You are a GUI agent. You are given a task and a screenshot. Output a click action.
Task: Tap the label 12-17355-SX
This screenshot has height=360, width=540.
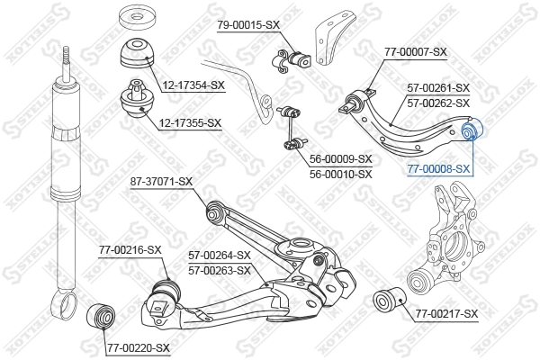coord(192,122)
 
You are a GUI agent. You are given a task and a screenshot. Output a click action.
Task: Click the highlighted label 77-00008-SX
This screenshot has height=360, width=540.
coord(438,168)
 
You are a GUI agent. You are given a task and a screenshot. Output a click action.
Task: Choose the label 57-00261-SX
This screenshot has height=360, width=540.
coord(438,88)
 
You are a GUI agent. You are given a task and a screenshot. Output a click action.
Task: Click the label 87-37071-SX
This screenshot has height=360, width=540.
coord(161,182)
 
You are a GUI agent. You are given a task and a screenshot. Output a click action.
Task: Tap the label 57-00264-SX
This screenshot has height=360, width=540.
coord(220,256)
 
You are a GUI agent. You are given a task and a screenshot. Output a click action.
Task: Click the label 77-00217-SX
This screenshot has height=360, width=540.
coord(447,313)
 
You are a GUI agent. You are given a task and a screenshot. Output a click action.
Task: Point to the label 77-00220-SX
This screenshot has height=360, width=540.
coord(138,346)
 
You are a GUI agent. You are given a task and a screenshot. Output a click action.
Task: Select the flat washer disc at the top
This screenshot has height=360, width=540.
coord(139,17)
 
